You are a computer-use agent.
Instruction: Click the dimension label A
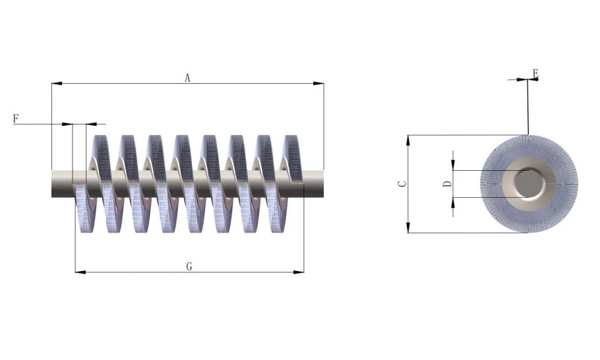[x=187, y=78]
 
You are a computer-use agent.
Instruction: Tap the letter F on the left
[x=16, y=119]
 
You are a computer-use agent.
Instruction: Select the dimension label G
[x=189, y=267]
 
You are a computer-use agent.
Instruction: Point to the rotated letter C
[x=402, y=184]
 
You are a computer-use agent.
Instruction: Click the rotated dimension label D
[x=448, y=183]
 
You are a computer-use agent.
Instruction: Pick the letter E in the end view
[x=535, y=73]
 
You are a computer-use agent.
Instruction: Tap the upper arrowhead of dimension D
[x=454, y=165]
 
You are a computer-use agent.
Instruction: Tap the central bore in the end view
[x=527, y=183]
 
